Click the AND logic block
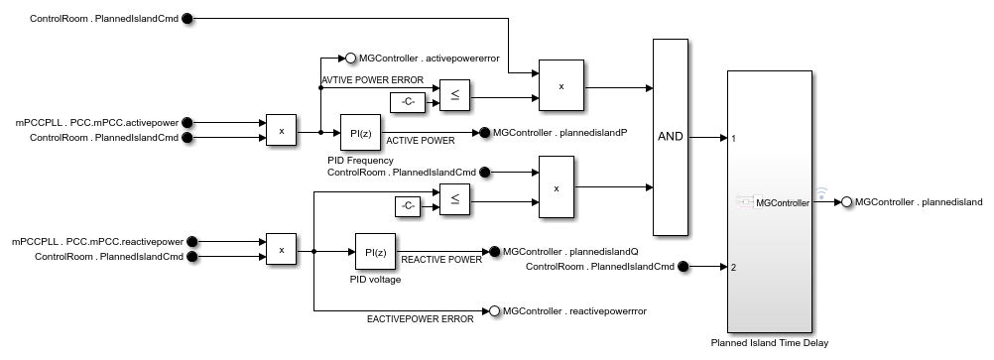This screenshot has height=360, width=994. tap(671, 136)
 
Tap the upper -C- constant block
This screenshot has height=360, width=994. tap(407, 101)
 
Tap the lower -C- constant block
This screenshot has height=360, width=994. tap(407, 206)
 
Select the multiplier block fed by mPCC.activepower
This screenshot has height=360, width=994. tap(282, 131)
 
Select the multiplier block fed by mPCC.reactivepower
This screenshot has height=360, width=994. tap(282, 251)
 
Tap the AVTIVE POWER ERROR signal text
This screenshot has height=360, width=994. tap(372, 80)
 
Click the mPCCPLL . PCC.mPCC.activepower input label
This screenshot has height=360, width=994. tap(96, 122)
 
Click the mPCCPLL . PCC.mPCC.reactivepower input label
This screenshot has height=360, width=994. tap(97, 241)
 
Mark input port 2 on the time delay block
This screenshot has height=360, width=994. tap(733, 267)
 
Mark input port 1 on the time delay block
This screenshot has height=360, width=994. tap(733, 138)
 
